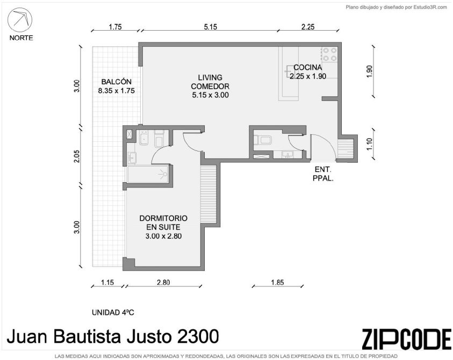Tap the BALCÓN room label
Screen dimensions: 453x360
[x=117, y=82]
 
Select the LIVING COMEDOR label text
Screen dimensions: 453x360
[x=210, y=82]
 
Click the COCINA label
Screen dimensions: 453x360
[x=308, y=67]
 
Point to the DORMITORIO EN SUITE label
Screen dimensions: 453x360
[x=163, y=222]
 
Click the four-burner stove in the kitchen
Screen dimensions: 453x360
[x=329, y=54]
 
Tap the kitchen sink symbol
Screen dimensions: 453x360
[x=289, y=71]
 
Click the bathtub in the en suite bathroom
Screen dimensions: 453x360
[x=148, y=174]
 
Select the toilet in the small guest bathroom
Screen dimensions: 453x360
[x=263, y=140]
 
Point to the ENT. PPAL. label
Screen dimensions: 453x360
[x=323, y=174]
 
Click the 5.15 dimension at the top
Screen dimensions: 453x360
[x=210, y=27]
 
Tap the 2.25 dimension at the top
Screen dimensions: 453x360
[x=308, y=27]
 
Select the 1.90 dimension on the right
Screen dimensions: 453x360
[x=369, y=71]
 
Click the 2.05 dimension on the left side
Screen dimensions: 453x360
[x=76, y=156]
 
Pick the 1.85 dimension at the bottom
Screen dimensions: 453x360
[x=277, y=282]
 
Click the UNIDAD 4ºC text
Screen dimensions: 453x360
[x=113, y=312]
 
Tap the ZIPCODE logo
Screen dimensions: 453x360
[x=406, y=339]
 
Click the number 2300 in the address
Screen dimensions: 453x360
[x=198, y=336]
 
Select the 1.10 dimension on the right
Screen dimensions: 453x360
[x=369, y=144]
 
